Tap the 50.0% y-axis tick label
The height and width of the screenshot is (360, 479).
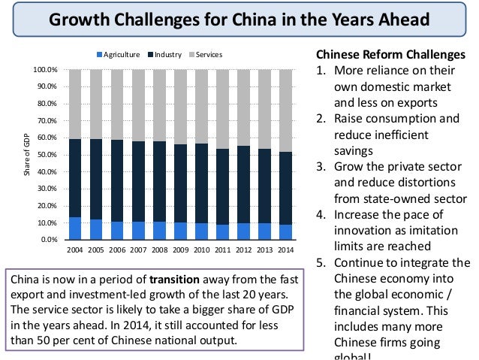tap(47, 155)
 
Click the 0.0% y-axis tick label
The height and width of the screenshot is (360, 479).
tap(49, 240)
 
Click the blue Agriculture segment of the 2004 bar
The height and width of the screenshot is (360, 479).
tap(75, 228)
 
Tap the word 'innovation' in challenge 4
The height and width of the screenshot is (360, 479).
tap(363, 230)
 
